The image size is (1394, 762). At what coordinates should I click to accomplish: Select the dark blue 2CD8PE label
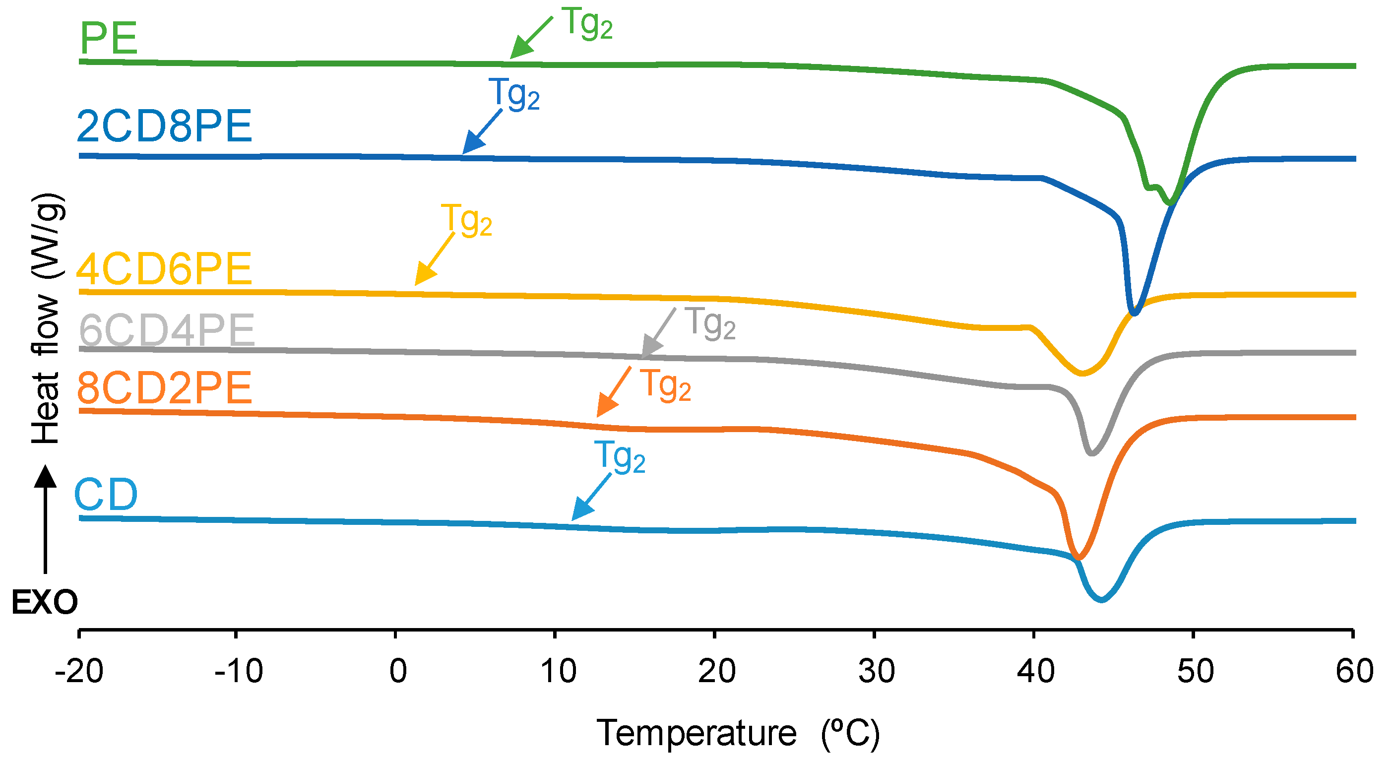[x=165, y=126]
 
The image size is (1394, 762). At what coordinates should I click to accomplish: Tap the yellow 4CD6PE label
[x=165, y=269]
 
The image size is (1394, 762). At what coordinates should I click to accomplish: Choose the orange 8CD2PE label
[x=165, y=388]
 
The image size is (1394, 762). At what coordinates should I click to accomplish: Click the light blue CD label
[x=106, y=495]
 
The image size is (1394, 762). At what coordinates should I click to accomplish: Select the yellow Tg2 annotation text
[x=466, y=220]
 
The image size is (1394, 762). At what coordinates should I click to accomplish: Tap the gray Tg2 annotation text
[x=710, y=323]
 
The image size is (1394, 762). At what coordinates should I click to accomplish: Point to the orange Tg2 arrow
[x=614, y=392]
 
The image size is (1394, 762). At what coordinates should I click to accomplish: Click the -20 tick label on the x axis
[x=79, y=671]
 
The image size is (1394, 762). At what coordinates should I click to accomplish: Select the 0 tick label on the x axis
[x=398, y=671]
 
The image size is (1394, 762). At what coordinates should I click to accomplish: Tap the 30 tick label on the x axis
[x=876, y=671]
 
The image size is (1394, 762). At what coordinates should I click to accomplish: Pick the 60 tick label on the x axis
[x=1354, y=671]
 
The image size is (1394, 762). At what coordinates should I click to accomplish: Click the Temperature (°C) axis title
[x=738, y=734]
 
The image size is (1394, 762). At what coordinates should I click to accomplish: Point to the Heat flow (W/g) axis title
[x=47, y=318]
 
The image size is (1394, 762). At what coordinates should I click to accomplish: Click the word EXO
[x=45, y=602]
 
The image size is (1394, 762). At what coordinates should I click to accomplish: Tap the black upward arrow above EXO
[x=46, y=519]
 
